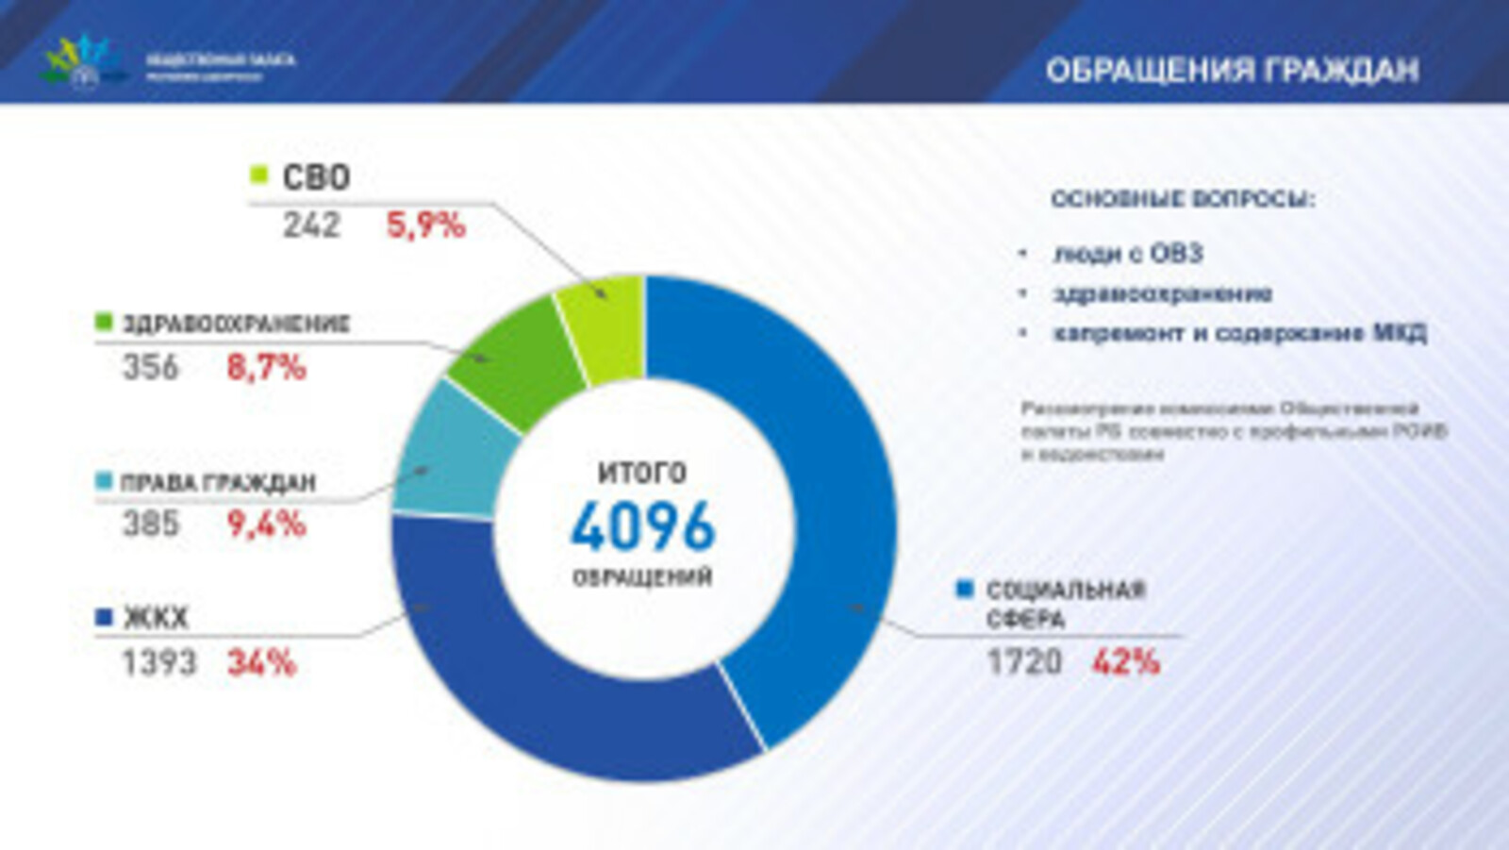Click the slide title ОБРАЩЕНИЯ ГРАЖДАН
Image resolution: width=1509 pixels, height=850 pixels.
click(1232, 71)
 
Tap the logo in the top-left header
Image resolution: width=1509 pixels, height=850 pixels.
click(83, 62)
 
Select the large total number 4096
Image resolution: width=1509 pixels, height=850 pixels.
click(643, 526)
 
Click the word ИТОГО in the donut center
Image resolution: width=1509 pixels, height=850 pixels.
click(642, 472)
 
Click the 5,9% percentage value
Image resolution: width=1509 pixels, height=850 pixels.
click(425, 225)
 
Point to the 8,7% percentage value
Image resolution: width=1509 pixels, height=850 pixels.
click(266, 367)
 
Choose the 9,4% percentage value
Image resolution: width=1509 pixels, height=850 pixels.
click(266, 524)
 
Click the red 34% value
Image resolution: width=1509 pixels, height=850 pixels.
click(261, 663)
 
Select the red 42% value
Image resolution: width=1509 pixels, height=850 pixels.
click(1125, 662)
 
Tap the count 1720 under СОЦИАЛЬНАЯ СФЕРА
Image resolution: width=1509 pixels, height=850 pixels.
click(1023, 662)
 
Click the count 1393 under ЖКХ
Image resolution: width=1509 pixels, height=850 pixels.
click(158, 663)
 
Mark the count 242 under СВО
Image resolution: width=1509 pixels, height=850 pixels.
click(311, 225)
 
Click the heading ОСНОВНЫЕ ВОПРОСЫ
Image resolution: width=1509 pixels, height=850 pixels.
click(1182, 199)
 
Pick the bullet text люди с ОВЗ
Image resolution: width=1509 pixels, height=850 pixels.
click(1128, 253)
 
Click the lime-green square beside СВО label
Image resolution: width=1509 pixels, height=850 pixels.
click(259, 175)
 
